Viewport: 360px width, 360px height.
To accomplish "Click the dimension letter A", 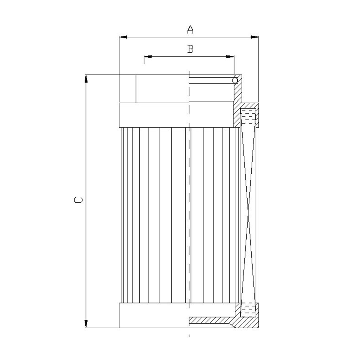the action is click(x=190, y=30).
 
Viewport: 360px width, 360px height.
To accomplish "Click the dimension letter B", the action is click(x=190, y=49).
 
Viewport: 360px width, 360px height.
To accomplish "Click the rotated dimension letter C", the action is click(x=78, y=200).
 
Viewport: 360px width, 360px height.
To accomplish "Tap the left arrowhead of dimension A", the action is click(x=123, y=37).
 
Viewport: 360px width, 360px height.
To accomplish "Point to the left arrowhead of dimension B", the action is click(x=148, y=57).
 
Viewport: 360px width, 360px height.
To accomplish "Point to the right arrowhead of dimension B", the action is click(x=230, y=57).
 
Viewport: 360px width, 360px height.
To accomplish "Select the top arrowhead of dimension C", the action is click(x=86, y=79).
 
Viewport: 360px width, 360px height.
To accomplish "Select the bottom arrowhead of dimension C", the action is click(x=86, y=324).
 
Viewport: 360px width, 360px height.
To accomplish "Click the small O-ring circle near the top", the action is click(x=235, y=80).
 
